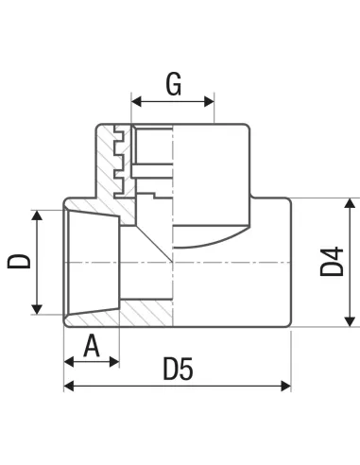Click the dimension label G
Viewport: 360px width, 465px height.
[x=174, y=84]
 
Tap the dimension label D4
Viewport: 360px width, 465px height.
[x=332, y=262]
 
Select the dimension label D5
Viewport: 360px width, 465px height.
[x=178, y=369]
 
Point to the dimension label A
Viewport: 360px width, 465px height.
[x=92, y=346]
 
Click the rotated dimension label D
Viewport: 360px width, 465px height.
[x=19, y=261]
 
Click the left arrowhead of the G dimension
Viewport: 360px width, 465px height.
[x=136, y=102]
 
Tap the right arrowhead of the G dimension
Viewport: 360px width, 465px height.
[x=209, y=102]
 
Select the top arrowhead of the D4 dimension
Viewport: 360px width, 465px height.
[x=350, y=203]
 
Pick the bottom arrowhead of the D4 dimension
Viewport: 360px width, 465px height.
[x=350, y=321]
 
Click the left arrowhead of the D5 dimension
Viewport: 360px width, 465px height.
[x=69, y=386]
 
